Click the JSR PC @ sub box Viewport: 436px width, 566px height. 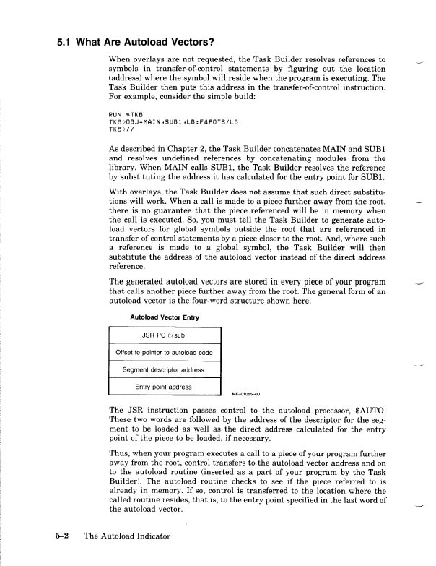click(x=164, y=335)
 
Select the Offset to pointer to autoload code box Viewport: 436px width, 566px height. click(x=164, y=353)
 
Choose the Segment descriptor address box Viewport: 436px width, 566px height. click(x=164, y=370)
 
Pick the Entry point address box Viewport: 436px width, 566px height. click(x=164, y=387)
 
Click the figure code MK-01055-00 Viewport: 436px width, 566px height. click(x=245, y=395)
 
